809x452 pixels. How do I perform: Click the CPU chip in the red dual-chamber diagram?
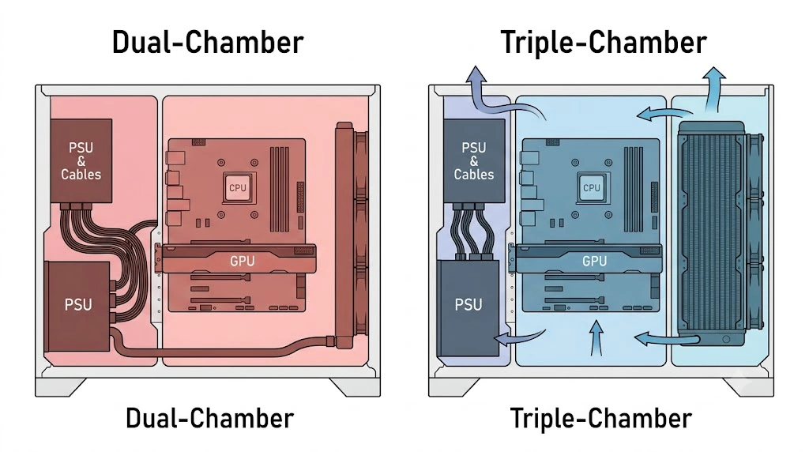(237, 188)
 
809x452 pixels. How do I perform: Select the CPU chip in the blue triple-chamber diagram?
(591, 187)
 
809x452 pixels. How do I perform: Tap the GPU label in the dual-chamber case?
(242, 261)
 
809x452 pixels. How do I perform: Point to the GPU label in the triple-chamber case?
(594, 261)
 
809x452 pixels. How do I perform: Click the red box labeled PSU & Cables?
(81, 161)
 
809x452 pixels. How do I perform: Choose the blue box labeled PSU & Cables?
(474, 161)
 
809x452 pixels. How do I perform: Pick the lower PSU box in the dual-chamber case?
(78, 307)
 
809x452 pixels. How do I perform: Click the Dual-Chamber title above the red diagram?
(208, 43)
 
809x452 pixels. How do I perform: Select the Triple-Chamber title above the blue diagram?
(604, 43)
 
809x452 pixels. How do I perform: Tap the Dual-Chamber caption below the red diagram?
(209, 418)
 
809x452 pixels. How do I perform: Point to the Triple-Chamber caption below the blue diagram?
(601, 418)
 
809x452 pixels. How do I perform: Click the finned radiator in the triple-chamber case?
(712, 233)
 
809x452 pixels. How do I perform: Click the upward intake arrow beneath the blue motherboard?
(596, 338)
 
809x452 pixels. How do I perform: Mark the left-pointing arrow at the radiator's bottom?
(665, 339)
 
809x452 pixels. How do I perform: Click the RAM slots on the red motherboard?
(280, 189)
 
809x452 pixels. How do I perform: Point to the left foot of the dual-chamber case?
(61, 387)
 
